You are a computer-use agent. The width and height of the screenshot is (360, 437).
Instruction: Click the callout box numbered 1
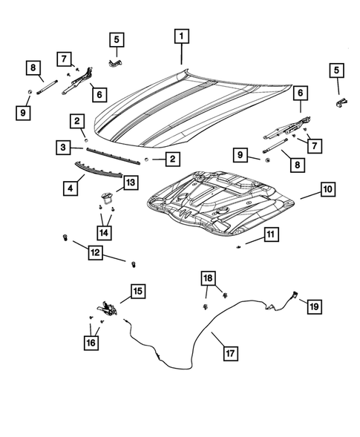pyautogui.click(x=181, y=35)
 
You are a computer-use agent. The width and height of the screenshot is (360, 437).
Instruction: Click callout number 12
pyautogui.click(x=95, y=254)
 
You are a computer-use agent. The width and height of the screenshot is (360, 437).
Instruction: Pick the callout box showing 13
pyautogui.click(x=130, y=182)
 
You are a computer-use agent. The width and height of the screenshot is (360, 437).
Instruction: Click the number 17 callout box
pyautogui.click(x=231, y=352)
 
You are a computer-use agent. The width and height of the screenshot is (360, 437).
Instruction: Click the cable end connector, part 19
pyautogui.click(x=295, y=295)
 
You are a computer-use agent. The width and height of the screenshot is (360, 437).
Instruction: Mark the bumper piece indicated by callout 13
pyautogui.click(x=106, y=196)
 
